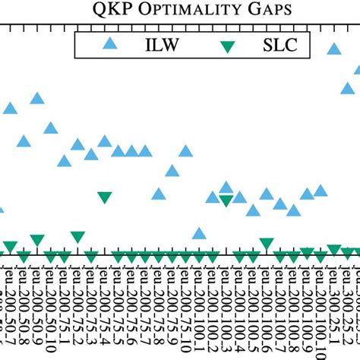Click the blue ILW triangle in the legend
click(110, 44)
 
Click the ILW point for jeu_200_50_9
click(36, 98)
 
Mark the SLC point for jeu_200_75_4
click(105, 197)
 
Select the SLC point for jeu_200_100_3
click(226, 201)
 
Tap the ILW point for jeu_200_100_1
click(199, 233)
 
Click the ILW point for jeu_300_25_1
click(333, 49)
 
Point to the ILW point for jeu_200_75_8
click(158, 194)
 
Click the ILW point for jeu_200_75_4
click(105, 141)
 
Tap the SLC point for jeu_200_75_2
click(77, 237)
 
